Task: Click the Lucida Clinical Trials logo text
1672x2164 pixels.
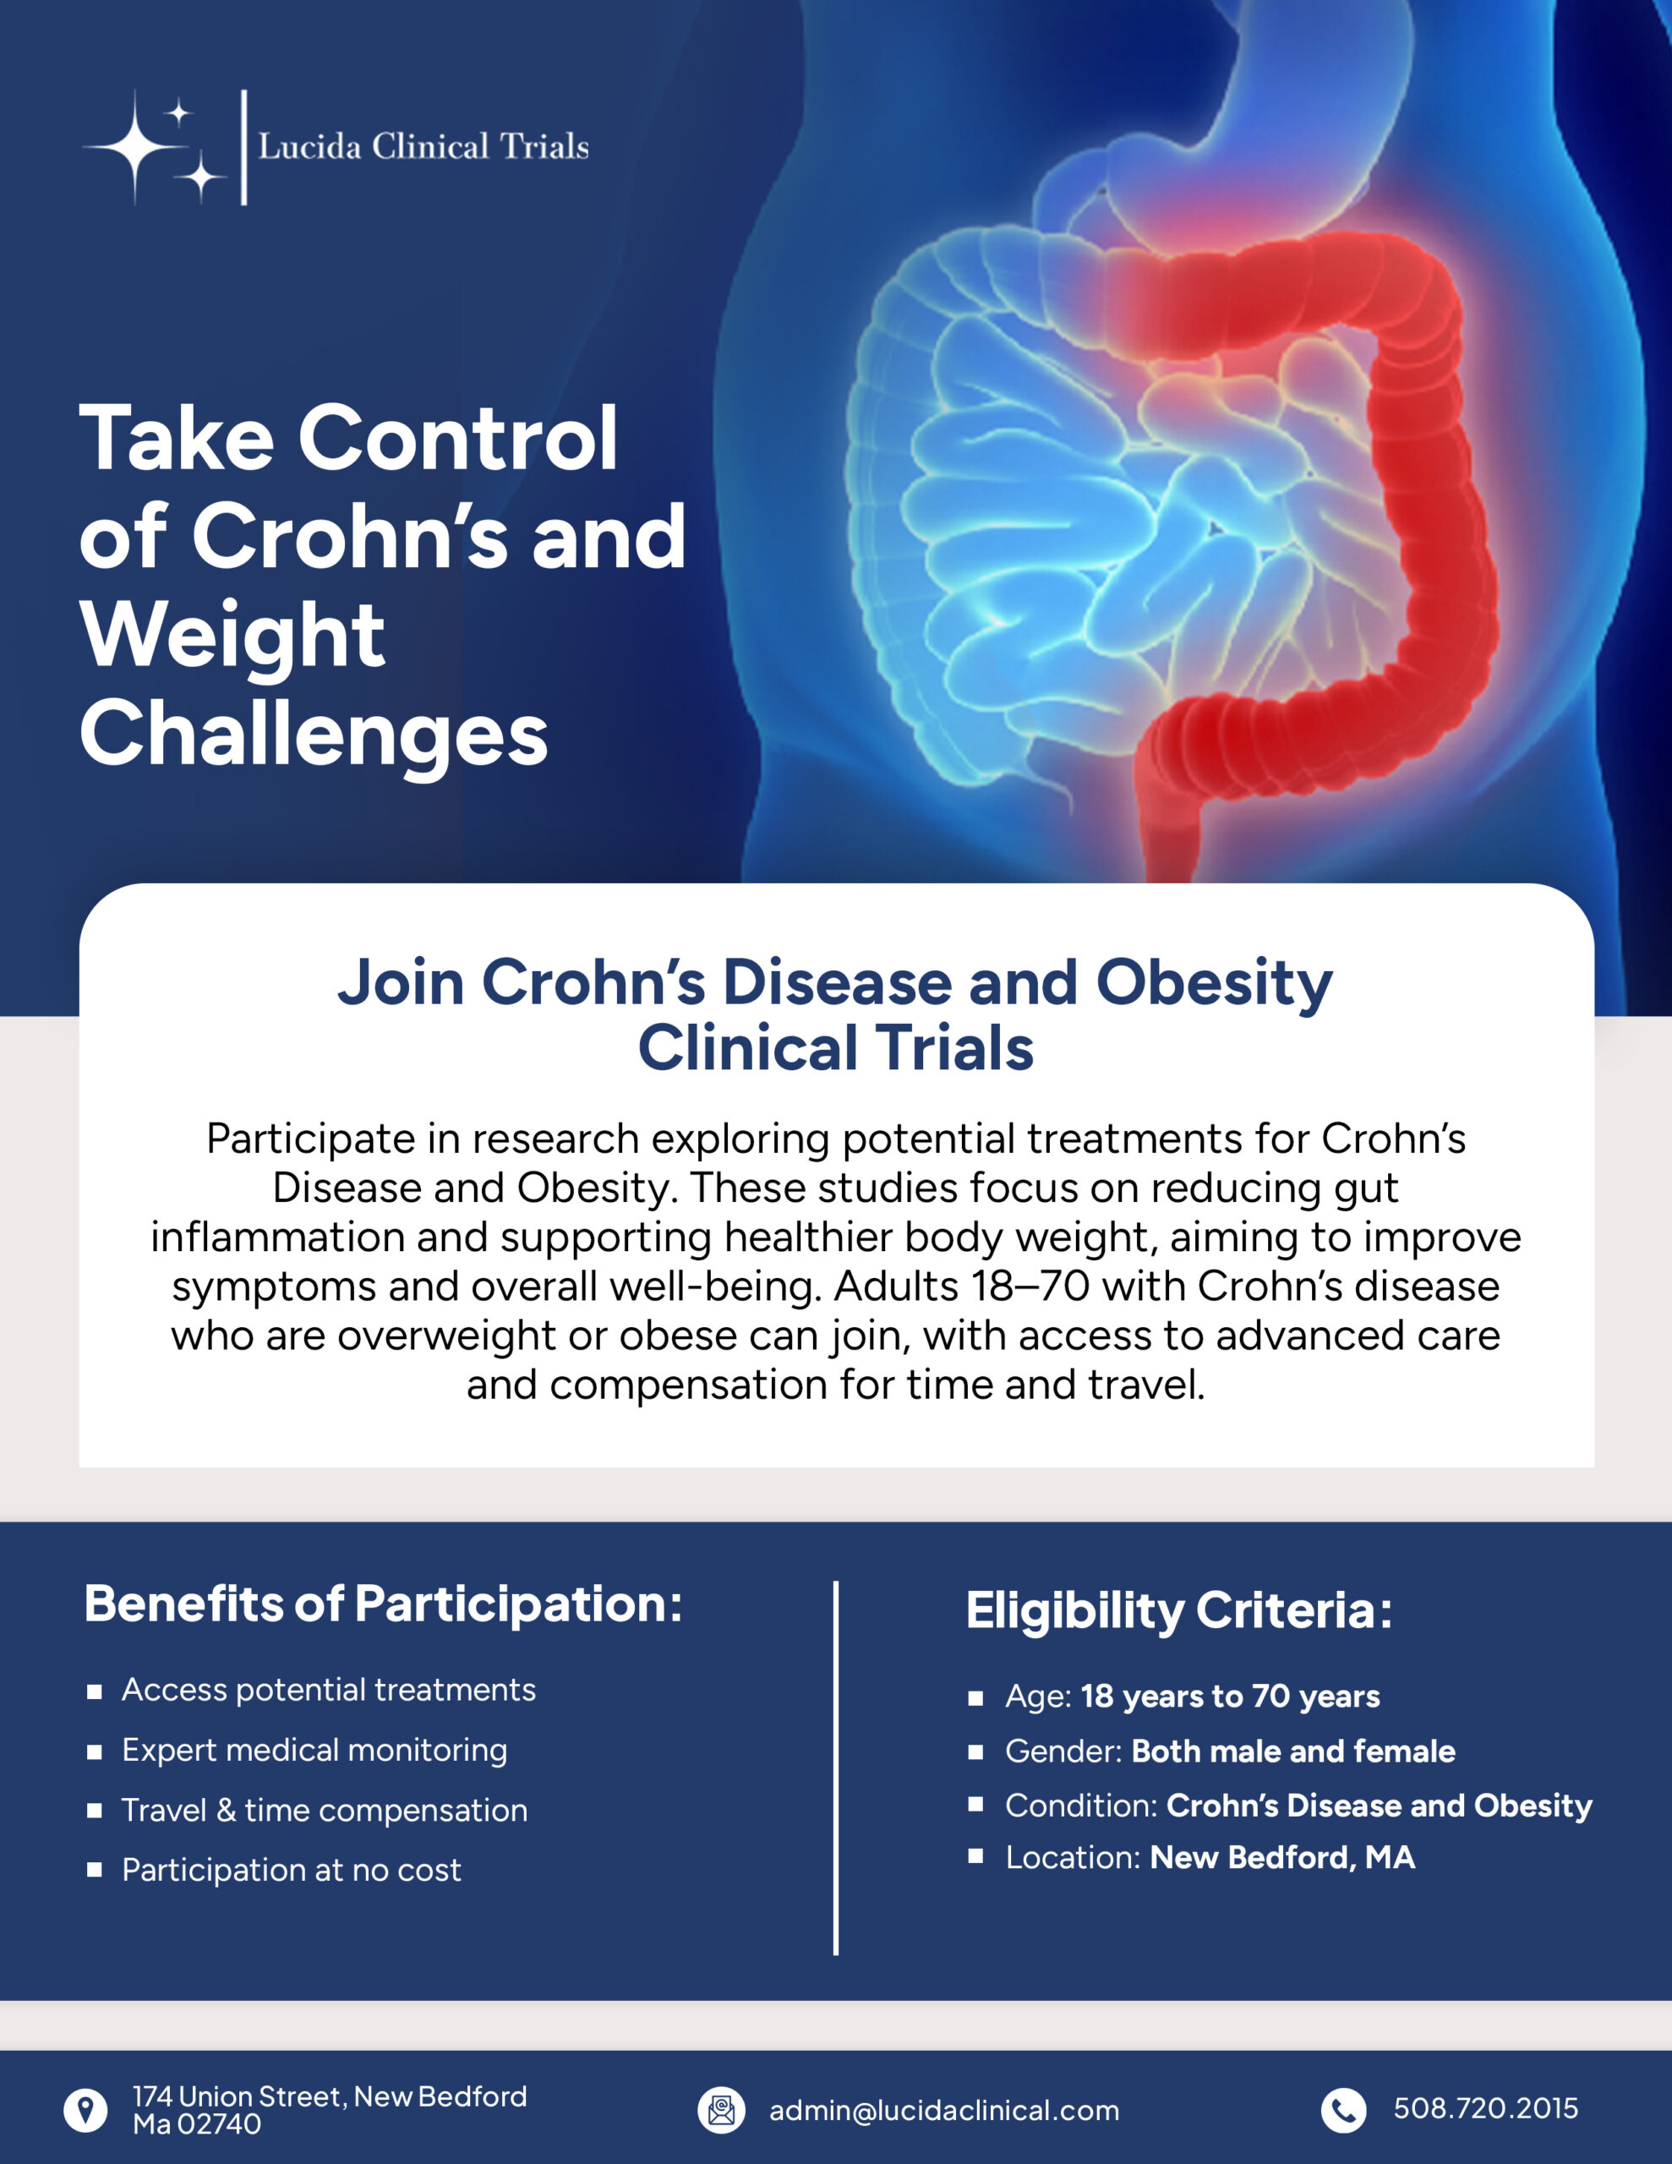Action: [x=423, y=146]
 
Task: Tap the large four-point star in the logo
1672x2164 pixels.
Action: [x=137, y=146]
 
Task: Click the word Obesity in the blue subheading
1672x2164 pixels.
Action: [x=1213, y=982]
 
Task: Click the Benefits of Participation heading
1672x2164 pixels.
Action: [x=384, y=1604]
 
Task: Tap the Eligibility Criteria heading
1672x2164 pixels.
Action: [x=1178, y=1609]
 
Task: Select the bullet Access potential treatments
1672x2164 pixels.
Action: [x=328, y=1690]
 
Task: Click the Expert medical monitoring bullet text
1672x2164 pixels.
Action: [x=314, y=1750]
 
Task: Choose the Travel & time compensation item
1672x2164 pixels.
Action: [x=324, y=1811]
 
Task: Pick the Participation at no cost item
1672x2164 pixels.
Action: [x=292, y=1870]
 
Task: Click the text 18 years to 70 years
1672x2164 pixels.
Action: [x=1230, y=1697]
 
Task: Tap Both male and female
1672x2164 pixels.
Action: [x=1293, y=1751]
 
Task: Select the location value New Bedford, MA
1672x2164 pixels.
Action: [x=1281, y=1857]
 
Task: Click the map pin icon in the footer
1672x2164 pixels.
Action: [x=86, y=2111]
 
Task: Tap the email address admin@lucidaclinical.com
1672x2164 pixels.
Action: [x=943, y=2111]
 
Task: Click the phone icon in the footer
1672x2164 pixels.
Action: [x=1343, y=2111]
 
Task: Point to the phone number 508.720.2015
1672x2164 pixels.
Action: [x=1484, y=2108]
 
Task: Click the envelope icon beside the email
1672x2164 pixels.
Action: [x=720, y=2111]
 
